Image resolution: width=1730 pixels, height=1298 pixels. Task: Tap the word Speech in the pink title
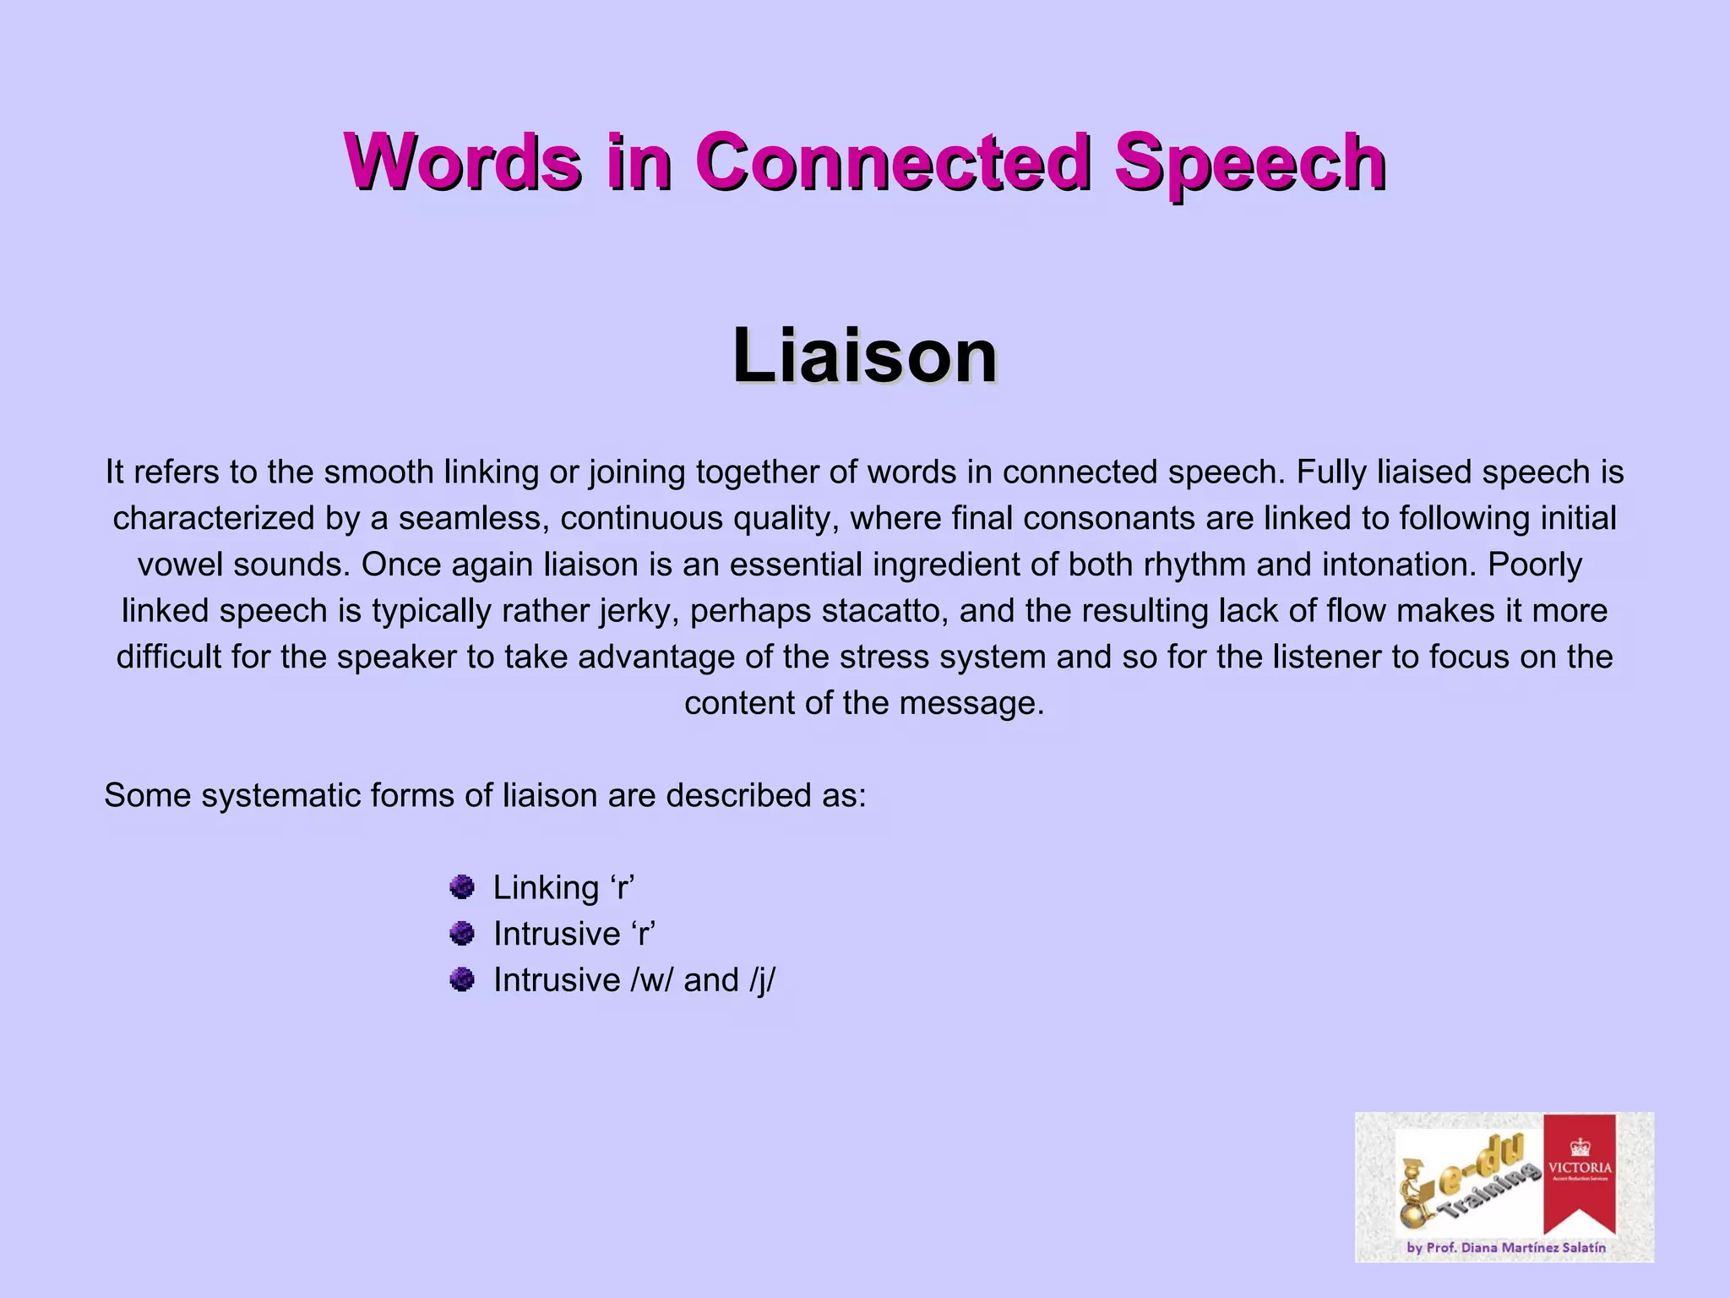tap(1250, 162)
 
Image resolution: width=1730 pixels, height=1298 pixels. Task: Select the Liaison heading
tap(864, 356)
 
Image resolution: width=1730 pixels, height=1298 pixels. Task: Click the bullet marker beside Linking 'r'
tap(461, 887)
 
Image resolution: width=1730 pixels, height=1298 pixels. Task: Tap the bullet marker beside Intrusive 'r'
tap(461, 934)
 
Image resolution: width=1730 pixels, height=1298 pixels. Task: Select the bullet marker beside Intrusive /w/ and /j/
tap(461, 980)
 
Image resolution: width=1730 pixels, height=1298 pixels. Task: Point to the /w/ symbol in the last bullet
tap(651, 980)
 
